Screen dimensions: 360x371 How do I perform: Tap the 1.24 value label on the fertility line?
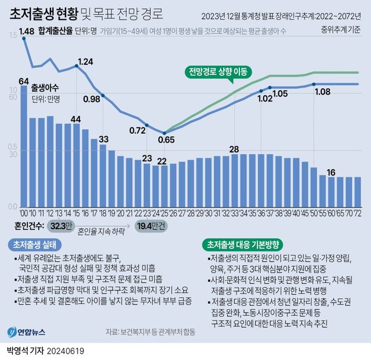pyautogui.click(x=85, y=61)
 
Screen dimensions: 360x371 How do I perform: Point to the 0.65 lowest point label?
pyautogui.click(x=166, y=140)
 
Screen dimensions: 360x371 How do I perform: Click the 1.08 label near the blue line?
pyautogui.click(x=322, y=92)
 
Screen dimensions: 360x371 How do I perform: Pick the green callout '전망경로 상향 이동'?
pyautogui.click(x=216, y=72)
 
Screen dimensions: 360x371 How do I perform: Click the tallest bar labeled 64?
pyautogui.click(x=24, y=145)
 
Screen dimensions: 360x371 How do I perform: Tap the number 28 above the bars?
pyautogui.click(x=234, y=149)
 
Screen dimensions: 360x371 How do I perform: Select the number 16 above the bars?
pyautogui.click(x=331, y=172)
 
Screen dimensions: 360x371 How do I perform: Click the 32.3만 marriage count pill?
pyautogui.click(x=61, y=226)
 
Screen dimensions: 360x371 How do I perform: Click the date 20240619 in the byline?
pyautogui.click(x=74, y=351)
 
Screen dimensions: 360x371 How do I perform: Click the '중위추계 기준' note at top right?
pyautogui.click(x=342, y=29)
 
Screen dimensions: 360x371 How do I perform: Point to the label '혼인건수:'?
pyautogui.click(x=27, y=226)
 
